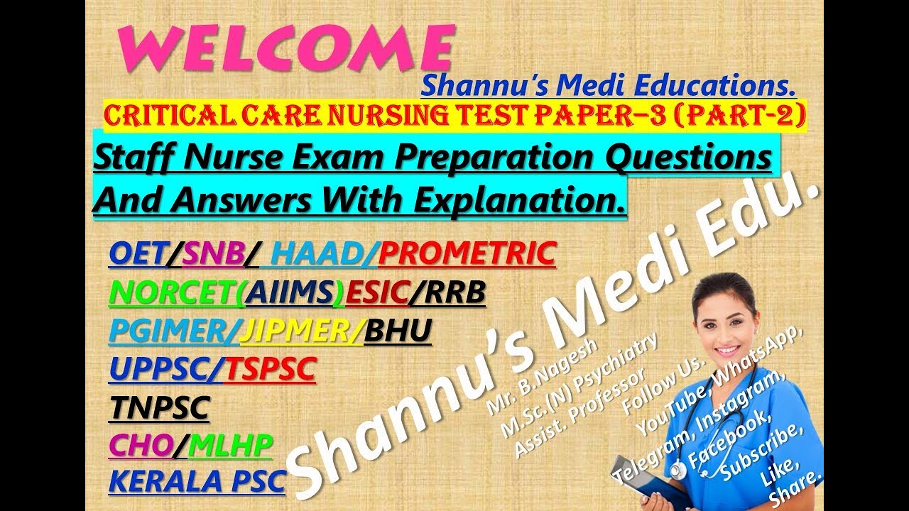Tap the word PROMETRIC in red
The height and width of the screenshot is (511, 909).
(x=467, y=254)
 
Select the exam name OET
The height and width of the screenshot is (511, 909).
(x=136, y=254)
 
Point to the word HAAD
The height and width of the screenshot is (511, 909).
(x=320, y=254)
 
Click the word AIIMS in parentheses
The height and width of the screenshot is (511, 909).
(x=293, y=293)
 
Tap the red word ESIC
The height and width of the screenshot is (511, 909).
(x=376, y=293)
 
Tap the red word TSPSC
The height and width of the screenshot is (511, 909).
(x=270, y=370)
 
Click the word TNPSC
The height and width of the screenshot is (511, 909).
(x=160, y=408)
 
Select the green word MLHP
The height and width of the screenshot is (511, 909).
(x=232, y=446)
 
